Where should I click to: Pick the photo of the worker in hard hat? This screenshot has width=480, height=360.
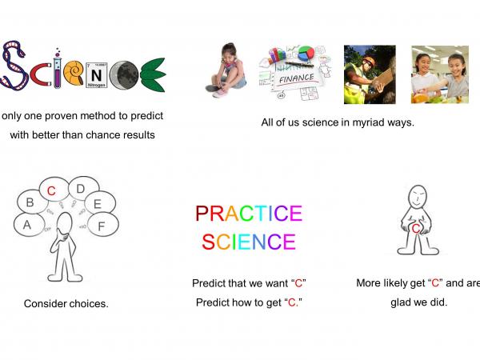coord(370,74)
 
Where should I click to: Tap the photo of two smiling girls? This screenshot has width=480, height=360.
coord(439,74)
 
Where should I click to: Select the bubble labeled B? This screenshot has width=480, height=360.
coord(30,203)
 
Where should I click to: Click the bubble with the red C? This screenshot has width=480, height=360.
coord(51,191)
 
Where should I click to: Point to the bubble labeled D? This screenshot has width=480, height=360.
coord(81,189)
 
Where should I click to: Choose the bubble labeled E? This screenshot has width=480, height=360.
coord(98,204)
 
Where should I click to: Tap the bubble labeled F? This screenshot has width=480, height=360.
coord(101,226)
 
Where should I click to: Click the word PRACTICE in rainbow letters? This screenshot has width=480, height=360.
coord(249,214)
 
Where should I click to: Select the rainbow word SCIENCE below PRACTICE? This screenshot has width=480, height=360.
coord(249,242)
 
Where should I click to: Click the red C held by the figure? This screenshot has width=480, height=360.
coord(415,229)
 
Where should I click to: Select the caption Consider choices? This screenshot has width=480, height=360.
coord(66,304)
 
